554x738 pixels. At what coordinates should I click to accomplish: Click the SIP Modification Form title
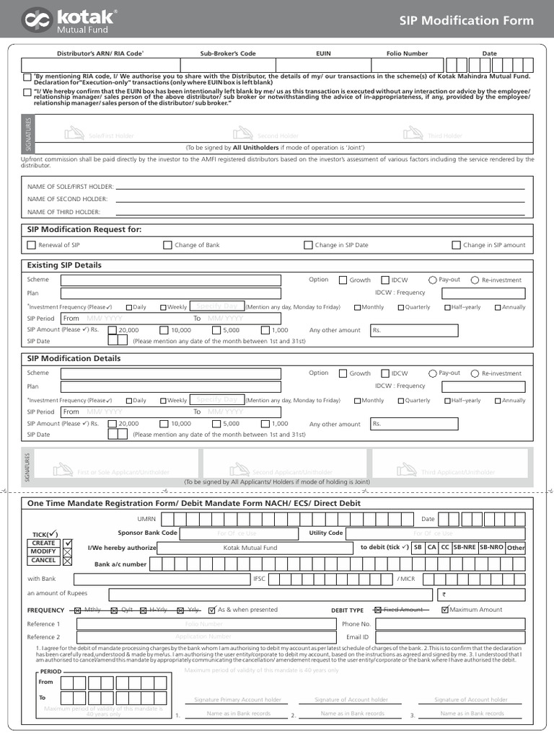tap(466, 20)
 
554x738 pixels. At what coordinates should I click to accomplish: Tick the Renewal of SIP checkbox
tap(31, 245)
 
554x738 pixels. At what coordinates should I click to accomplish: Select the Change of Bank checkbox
tap(167, 245)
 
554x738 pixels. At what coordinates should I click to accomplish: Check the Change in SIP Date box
tap(308, 245)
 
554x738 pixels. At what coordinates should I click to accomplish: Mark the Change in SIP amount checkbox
tap(456, 245)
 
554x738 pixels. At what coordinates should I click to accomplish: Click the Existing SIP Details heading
tap(64, 265)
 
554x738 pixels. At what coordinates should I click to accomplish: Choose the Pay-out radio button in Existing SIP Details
tap(432, 280)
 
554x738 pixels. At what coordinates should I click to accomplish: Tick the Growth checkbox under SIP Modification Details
tap(343, 373)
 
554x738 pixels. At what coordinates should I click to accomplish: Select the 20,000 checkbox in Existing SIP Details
tap(112, 330)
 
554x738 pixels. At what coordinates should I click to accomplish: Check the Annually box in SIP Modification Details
tap(497, 401)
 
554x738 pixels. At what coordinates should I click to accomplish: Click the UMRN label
tap(146, 519)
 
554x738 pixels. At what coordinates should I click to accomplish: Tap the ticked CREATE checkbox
tap(68, 543)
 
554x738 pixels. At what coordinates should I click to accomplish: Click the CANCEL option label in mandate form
tap(43, 560)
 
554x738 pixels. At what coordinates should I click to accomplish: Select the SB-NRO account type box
tap(491, 548)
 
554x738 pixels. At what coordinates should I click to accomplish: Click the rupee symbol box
tap(444, 595)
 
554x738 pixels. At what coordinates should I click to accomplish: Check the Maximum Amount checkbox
tap(445, 610)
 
